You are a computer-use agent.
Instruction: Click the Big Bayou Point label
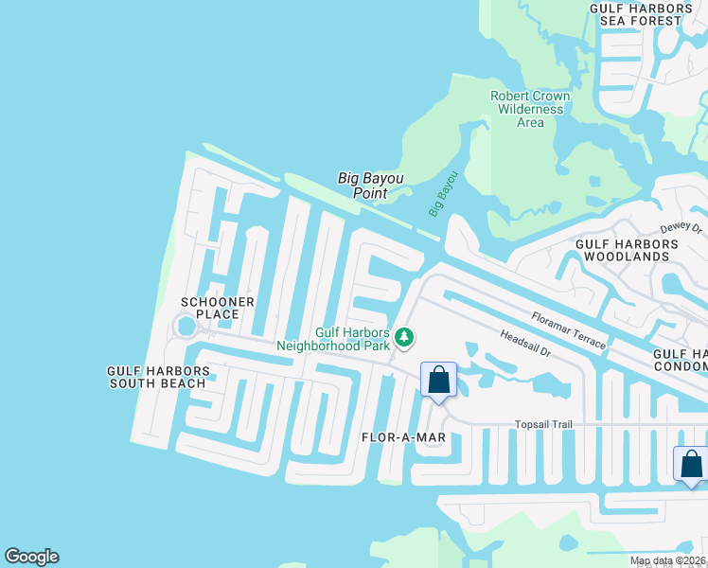pos(363,185)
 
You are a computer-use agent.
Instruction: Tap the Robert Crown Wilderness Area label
pos(530,109)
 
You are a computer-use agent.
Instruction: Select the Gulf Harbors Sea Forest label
pos(635,14)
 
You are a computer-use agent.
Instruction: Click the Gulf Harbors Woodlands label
pos(628,250)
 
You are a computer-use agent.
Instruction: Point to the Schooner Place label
pos(218,309)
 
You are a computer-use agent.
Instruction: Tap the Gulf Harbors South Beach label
pos(156,377)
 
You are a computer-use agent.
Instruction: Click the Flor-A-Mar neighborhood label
pos(403,437)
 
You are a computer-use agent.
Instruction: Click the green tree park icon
pos(405,337)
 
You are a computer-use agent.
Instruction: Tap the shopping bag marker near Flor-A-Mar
pos(438,380)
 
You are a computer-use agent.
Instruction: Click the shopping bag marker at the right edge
pos(692,464)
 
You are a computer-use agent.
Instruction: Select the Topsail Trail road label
pos(544,424)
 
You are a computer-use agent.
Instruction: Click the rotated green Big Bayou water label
pos(443,193)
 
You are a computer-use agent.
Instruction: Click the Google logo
pos(31,557)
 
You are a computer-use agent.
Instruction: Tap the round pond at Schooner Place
pos(186,327)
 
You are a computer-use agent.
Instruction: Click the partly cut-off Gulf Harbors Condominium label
pos(681,360)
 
